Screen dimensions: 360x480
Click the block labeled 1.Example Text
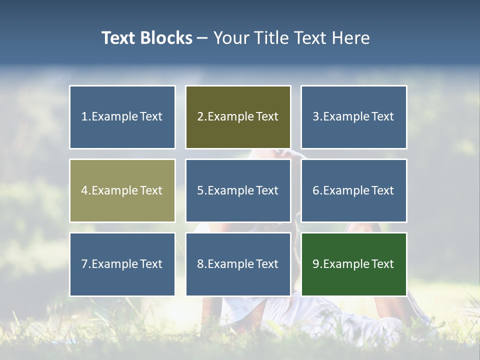click(x=122, y=117)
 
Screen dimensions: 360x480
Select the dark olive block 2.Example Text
click(x=238, y=117)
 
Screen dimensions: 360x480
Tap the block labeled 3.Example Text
click(x=353, y=117)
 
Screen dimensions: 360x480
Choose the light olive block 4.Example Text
click(x=122, y=190)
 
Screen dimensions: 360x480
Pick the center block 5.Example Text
click(x=238, y=190)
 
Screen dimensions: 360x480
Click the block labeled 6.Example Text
click(x=353, y=190)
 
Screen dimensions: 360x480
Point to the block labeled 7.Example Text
click(x=122, y=264)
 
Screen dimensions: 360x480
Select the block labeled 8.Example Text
click(x=238, y=264)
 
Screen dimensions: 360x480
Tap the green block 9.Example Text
click(x=353, y=264)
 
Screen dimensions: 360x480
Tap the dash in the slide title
click(x=202, y=38)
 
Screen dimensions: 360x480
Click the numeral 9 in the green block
click(x=316, y=264)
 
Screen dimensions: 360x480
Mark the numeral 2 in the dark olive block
click(x=200, y=117)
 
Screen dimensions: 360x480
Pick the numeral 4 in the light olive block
click(x=84, y=190)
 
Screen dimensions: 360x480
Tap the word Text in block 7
click(x=151, y=264)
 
